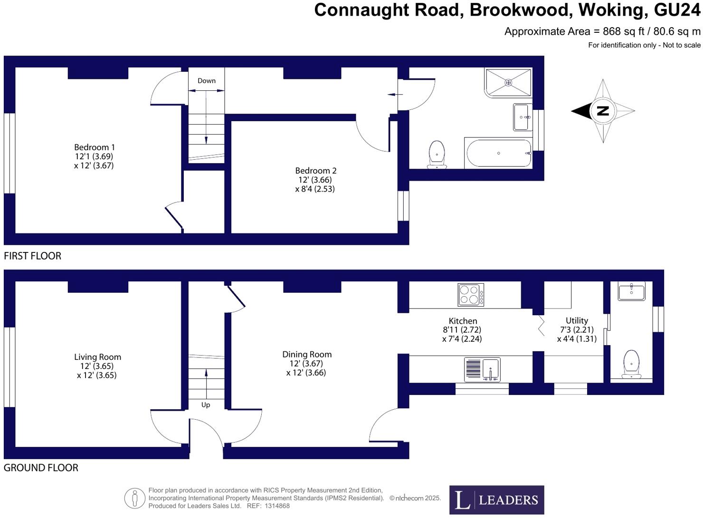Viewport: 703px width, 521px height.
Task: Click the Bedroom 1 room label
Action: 94,147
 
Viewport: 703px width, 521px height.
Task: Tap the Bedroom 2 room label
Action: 315,171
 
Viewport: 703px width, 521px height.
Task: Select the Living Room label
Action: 97,357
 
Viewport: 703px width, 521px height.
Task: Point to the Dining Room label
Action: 307,354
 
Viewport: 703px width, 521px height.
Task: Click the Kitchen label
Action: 463,321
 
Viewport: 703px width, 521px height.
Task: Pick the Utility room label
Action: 577,320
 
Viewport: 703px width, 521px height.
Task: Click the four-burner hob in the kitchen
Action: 471,294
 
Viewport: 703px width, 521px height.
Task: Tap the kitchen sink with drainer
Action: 482,370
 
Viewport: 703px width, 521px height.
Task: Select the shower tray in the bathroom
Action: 508,82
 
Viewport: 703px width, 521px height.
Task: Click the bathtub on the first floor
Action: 499,153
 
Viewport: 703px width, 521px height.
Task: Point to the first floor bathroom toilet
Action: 437,154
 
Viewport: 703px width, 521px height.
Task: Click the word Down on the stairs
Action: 207,81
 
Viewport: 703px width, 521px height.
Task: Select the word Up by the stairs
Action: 206,405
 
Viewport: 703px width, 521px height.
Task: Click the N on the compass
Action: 603,111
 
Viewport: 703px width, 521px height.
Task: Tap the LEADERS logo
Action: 496,500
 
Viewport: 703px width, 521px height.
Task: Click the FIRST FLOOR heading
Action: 32,256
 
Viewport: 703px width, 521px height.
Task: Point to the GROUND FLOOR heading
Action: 41,468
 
